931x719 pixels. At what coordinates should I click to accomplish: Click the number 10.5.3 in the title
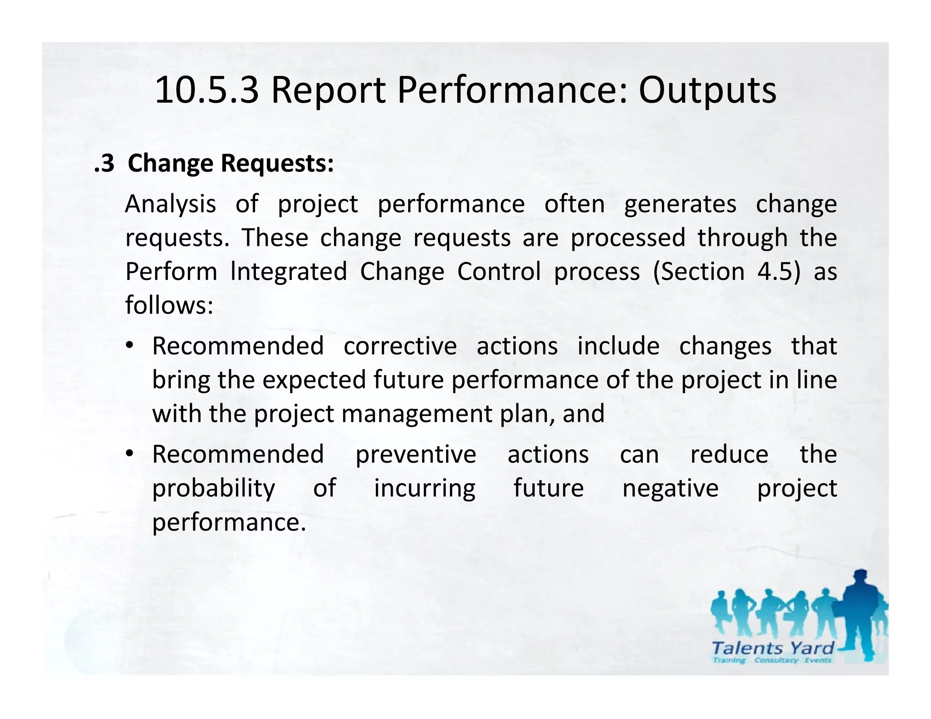(207, 90)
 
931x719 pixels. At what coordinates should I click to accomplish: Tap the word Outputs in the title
(707, 90)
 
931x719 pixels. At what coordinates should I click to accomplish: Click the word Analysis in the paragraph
(170, 204)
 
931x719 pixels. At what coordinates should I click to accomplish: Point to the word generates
(680, 204)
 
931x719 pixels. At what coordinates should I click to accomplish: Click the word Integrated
(289, 271)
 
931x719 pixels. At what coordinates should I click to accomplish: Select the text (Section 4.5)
(726, 271)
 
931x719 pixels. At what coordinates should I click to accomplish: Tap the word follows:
(169, 305)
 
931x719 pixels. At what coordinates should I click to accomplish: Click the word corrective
(400, 346)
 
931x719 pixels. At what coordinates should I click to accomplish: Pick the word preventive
(415, 454)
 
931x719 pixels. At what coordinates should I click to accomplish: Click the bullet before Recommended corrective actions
(130, 346)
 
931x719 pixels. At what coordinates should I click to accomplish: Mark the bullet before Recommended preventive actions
(130, 454)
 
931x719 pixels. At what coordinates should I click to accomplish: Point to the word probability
(214, 488)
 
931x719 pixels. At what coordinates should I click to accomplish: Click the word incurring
(425, 488)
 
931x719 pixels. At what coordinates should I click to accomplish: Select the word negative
(670, 488)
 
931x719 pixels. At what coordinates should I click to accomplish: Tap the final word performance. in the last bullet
(229, 522)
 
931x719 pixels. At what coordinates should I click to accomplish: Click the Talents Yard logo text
(772, 648)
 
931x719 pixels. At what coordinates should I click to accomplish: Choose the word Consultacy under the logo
(776, 660)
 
